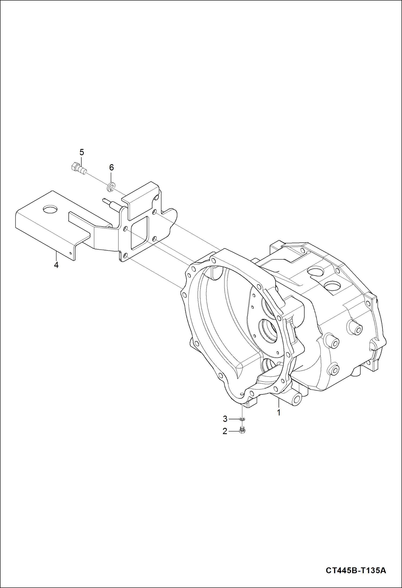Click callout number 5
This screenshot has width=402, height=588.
click(82, 153)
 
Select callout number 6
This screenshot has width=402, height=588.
click(111, 168)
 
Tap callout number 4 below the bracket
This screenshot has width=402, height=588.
click(56, 265)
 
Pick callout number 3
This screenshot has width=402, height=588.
click(225, 419)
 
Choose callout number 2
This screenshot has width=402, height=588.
click(225, 431)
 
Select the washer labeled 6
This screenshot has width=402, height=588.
click(112, 187)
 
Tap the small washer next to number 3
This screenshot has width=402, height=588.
click(242, 419)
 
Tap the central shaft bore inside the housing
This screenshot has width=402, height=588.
click(268, 330)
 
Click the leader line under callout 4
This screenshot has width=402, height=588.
click(56, 256)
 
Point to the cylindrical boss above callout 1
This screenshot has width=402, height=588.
click(297, 400)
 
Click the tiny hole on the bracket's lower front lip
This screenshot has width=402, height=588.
click(71, 253)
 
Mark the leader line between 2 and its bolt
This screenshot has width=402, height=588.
click(233, 431)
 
